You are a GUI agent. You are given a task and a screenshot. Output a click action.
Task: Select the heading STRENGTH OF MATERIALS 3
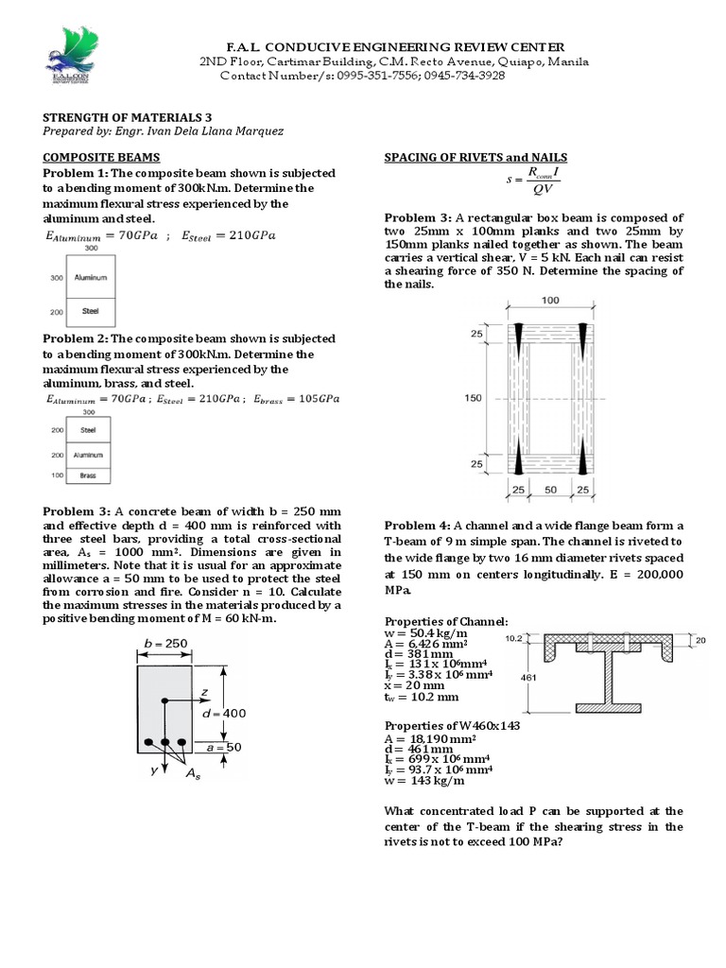click(x=113, y=116)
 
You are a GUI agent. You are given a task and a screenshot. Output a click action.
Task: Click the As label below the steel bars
click(x=193, y=775)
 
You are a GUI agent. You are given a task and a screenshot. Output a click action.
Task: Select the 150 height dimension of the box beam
click(x=474, y=398)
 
